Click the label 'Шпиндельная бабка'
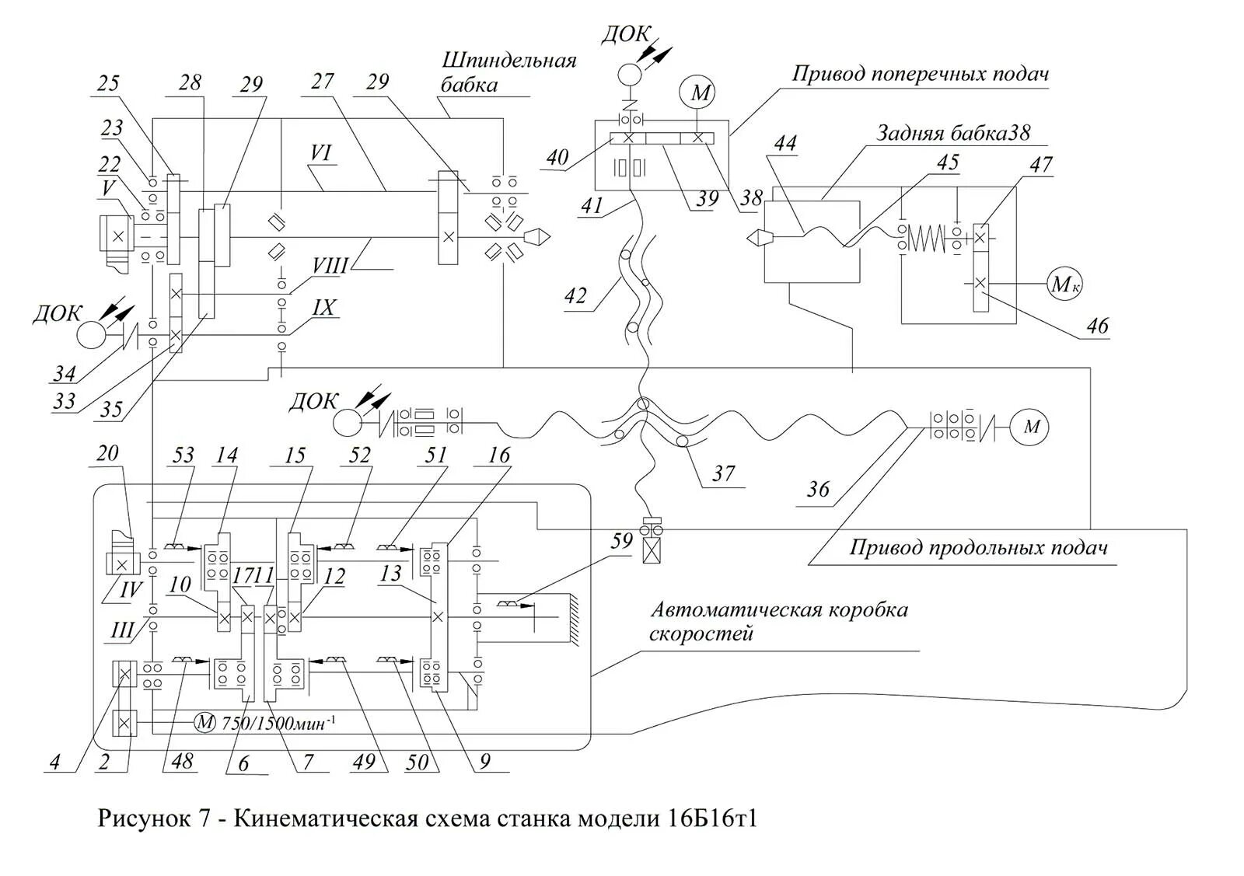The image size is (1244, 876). [508, 72]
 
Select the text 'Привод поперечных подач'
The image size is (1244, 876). [921, 74]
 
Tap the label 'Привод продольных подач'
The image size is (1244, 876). [977, 547]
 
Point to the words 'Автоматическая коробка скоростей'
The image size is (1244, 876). [778, 619]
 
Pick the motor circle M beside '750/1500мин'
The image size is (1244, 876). [204, 722]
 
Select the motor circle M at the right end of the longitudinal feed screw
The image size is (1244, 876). [1031, 428]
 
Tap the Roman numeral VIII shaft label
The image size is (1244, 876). [330, 266]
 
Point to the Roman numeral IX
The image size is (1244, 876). [323, 308]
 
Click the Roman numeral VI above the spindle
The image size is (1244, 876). [320, 152]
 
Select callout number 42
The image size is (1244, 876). [576, 297]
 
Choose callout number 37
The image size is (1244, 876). [722, 473]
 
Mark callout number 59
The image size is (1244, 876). [621, 541]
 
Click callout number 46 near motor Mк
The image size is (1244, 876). [1097, 325]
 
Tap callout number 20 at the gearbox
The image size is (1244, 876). [108, 452]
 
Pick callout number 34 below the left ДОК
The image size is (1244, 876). [65, 374]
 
